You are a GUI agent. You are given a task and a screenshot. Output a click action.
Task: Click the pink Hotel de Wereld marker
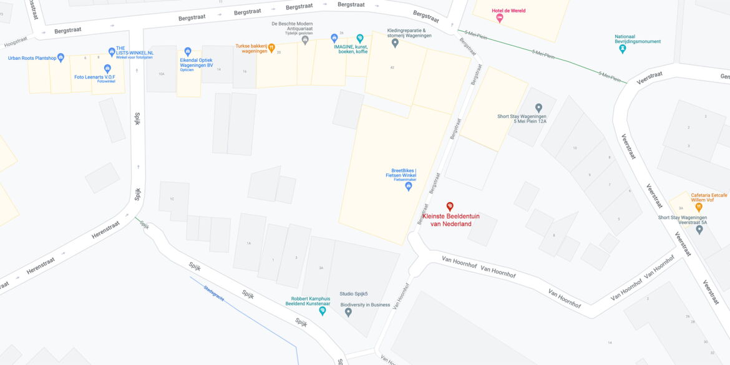[x=499, y=18]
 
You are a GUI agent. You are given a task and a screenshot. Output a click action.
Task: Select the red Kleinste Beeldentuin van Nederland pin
[x=449, y=207]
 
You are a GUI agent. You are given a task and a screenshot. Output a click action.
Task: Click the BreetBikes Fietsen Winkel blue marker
[x=409, y=186]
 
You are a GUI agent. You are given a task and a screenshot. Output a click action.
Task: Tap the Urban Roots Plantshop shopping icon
[x=61, y=57]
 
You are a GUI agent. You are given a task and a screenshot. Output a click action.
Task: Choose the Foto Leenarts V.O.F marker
[x=107, y=68]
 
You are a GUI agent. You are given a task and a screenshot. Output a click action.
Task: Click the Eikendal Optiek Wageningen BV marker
[x=188, y=52]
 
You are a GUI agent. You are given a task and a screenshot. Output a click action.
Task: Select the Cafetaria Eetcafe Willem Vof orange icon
[x=699, y=207]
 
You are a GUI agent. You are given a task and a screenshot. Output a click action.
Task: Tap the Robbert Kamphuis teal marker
[x=323, y=310]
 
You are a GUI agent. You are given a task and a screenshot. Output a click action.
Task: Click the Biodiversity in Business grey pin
[x=348, y=312]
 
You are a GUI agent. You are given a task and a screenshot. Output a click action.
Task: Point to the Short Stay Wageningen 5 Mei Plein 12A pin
[x=538, y=108]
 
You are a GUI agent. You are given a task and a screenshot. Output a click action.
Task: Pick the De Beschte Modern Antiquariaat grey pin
[x=305, y=40]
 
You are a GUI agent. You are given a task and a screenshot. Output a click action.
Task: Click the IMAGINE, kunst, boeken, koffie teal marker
[x=359, y=39]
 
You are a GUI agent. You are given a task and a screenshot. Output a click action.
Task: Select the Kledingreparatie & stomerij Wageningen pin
[x=395, y=42]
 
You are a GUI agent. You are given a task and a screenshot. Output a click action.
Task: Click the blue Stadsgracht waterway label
[x=213, y=293]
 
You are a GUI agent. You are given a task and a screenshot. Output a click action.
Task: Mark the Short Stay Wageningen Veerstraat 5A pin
[x=699, y=230]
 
